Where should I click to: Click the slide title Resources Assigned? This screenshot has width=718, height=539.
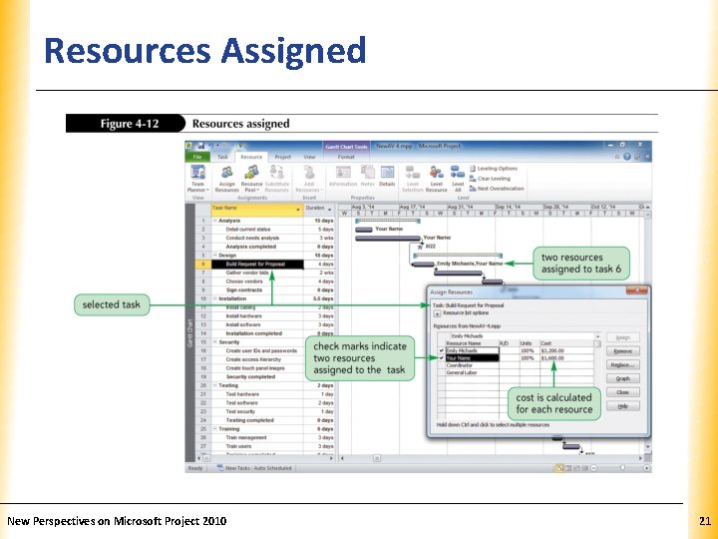click(205, 51)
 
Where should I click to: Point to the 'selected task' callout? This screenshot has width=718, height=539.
click(112, 304)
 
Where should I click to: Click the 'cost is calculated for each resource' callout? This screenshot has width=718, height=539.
click(553, 403)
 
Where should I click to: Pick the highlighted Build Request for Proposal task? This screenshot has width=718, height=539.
click(256, 265)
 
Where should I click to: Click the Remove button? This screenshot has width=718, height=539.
click(622, 351)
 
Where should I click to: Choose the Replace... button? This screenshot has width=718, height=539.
click(622, 365)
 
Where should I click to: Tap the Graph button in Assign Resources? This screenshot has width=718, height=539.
click(622, 379)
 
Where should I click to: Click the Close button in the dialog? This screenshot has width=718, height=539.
click(622, 392)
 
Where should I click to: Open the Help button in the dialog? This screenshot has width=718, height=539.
click(622, 406)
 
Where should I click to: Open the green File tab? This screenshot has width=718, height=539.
click(197, 157)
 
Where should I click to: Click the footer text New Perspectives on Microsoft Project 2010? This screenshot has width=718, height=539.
click(117, 521)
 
